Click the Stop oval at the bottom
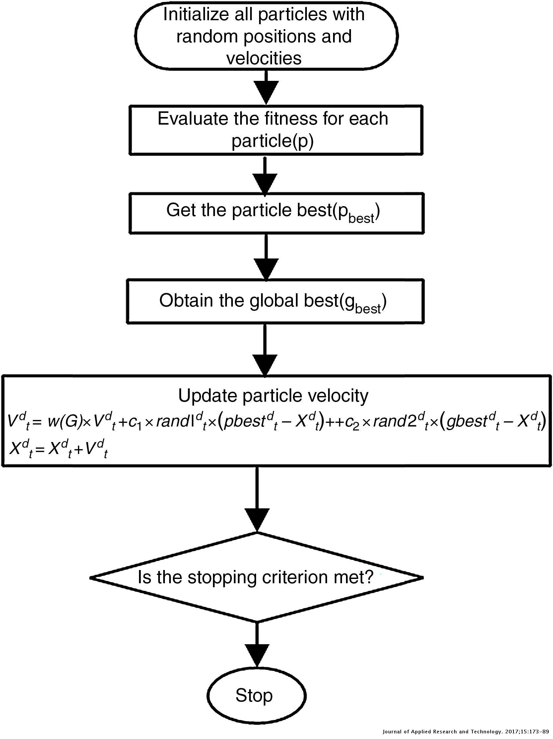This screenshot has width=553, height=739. click(256, 695)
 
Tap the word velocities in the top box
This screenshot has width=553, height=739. click(264, 58)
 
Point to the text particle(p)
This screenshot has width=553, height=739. click(272, 141)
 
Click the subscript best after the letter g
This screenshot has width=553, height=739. click(368, 309)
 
